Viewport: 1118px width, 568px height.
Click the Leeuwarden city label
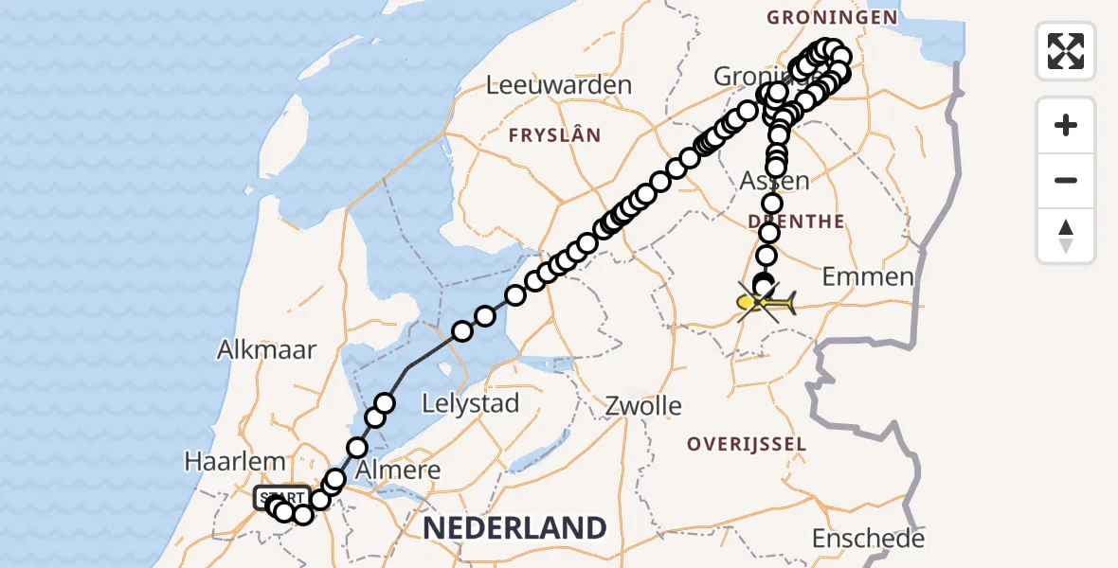point(558,85)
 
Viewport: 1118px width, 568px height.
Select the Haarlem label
point(236,463)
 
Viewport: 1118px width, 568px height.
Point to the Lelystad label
point(472,404)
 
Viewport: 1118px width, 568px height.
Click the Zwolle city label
point(644,407)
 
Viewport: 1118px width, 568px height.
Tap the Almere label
point(399,470)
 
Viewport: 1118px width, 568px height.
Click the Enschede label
point(867,540)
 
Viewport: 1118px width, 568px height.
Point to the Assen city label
point(776,181)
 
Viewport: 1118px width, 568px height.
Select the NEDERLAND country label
point(514,528)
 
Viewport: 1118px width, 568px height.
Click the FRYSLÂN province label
point(554,135)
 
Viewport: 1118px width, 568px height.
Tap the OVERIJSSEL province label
point(748,444)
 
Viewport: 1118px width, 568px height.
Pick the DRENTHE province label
point(796,222)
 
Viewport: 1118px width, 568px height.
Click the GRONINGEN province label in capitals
point(832,17)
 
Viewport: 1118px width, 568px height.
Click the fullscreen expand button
point(1066,51)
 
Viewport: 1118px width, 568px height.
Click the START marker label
point(281,498)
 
